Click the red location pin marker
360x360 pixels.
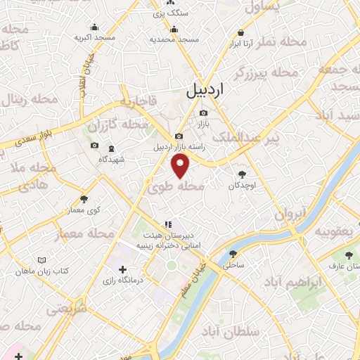pyautogui.click(x=181, y=167)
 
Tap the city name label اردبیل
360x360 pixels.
pyautogui.click(x=206, y=91)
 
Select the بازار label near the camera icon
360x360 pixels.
pyautogui.click(x=203, y=124)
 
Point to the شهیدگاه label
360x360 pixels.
pyautogui.click(x=112, y=159)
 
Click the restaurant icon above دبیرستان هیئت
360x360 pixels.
pyautogui.click(x=167, y=223)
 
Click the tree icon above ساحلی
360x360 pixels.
pyautogui.click(x=233, y=254)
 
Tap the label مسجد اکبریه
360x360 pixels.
pyautogui.click(x=94, y=38)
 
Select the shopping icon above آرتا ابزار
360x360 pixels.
pyautogui.click(x=241, y=32)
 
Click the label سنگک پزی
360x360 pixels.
pyautogui.click(x=172, y=13)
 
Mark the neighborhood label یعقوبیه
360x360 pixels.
pyautogui.click(x=332, y=231)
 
